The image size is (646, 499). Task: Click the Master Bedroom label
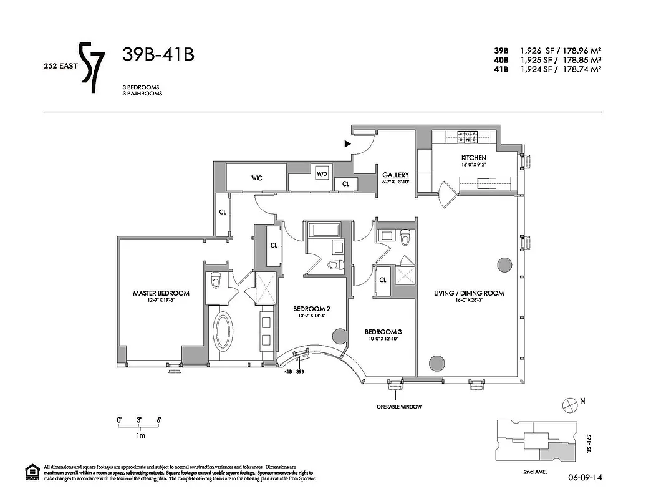coord(160,293)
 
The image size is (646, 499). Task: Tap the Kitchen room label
coord(473,158)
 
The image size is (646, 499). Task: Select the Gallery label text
coord(395,175)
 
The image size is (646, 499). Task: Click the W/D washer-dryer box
coord(322,173)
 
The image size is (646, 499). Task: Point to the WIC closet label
coord(256,178)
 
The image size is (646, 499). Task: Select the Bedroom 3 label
coord(382,331)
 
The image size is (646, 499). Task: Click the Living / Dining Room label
coord(469,293)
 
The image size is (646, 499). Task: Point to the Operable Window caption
coord(399,407)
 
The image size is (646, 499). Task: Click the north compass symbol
coord(569,405)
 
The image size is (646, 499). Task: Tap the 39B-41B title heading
coord(158,55)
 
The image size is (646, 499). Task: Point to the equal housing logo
coord(31,472)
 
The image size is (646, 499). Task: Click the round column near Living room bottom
coord(438,362)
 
